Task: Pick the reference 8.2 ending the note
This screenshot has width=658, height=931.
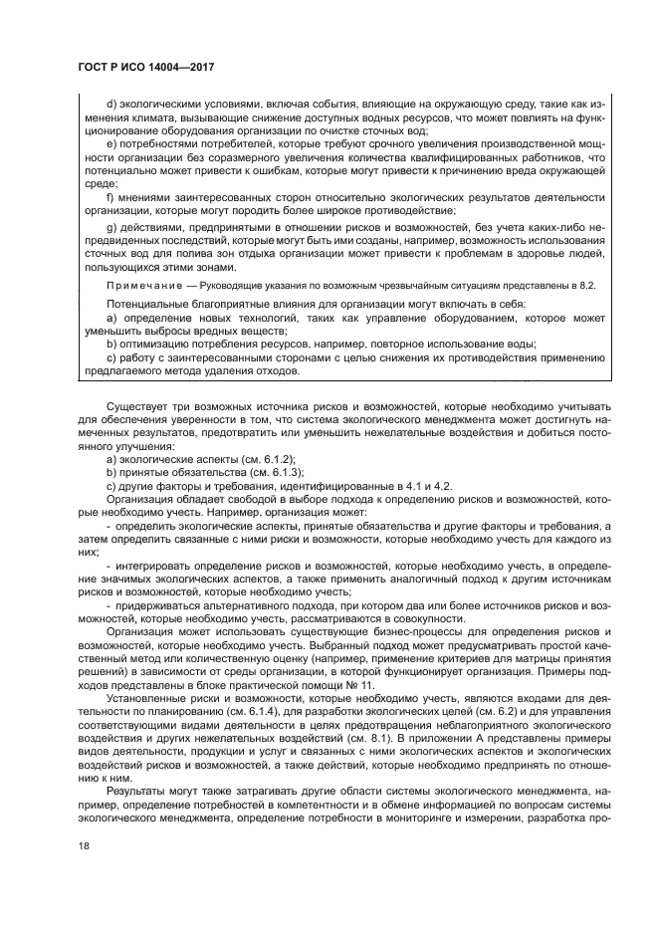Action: (587, 286)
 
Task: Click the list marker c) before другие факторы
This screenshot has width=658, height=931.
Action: (110, 486)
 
